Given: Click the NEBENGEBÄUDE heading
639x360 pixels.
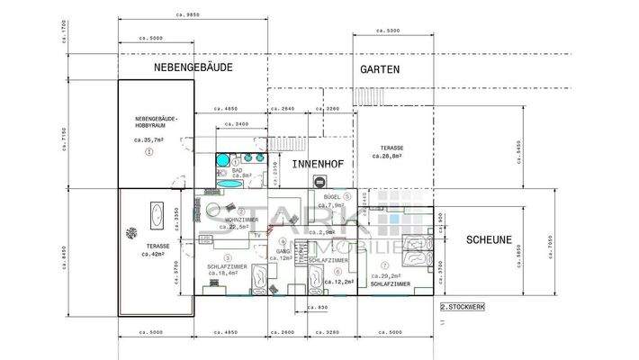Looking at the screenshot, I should (193, 67).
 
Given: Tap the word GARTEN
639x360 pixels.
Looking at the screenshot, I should (381, 69).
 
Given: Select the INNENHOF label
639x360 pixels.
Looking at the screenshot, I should (314, 165).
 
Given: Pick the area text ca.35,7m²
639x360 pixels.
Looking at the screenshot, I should (149, 140).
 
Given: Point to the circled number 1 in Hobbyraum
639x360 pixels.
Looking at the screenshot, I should (149, 152).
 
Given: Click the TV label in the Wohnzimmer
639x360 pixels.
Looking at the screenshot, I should (257, 235).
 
